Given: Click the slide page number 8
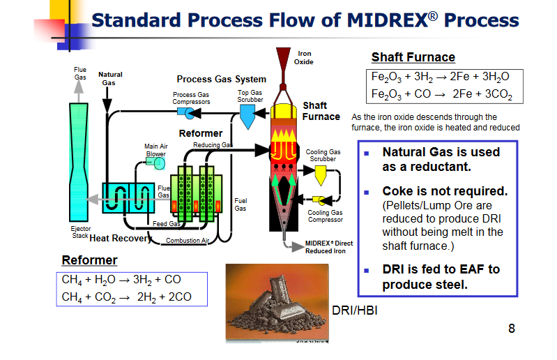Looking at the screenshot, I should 512,328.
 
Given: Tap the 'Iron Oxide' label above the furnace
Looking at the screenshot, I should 304,58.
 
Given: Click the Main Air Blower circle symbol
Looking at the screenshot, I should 160,163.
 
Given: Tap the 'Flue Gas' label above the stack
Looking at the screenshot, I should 80,73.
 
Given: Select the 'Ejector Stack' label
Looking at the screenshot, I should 81,232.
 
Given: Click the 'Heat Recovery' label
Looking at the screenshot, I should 120,239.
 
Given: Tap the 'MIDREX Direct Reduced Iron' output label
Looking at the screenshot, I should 328,247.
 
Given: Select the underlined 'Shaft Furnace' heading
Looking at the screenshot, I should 413,57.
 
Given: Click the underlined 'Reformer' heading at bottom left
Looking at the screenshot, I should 89,260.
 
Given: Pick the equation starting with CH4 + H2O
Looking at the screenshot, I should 121,280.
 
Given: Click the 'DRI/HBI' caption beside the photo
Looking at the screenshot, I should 355,310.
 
